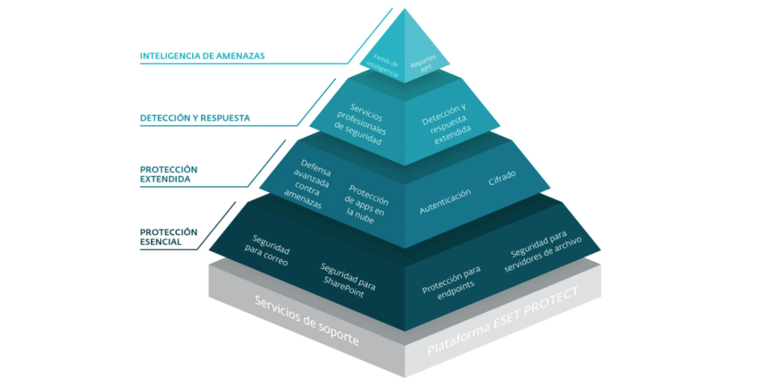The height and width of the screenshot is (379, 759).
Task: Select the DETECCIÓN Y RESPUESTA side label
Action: click(x=195, y=118)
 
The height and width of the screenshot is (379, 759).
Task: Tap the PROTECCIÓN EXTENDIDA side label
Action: click(x=169, y=174)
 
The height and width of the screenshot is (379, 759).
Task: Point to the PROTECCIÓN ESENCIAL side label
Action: click(x=169, y=237)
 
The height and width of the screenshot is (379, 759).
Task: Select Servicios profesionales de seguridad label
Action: click(x=361, y=124)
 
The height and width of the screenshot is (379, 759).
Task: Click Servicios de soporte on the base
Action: click(x=306, y=320)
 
